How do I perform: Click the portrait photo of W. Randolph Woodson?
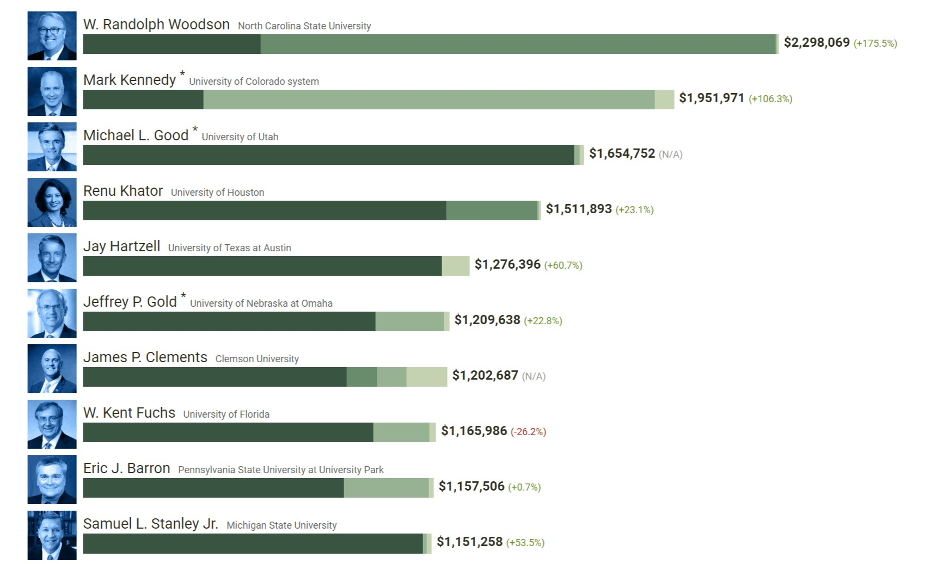point(52,36)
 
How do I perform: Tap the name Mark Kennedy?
point(129,80)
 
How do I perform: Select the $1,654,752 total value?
point(622,153)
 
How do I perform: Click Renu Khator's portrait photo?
point(52,202)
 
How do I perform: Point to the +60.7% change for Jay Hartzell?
point(563,265)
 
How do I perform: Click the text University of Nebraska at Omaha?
point(261,303)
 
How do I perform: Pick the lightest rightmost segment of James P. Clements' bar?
point(426,377)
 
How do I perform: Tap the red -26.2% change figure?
point(528,432)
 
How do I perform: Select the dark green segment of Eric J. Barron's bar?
point(213,488)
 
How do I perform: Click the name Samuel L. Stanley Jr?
point(150,524)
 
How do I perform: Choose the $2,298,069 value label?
point(816,42)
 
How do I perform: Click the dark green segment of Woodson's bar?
point(171,44)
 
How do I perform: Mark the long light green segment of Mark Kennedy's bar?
point(428,100)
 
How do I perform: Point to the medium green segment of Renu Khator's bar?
point(491,210)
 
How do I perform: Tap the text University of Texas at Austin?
point(229,248)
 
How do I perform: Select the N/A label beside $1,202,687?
point(534,376)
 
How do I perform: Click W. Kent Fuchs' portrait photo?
point(52,424)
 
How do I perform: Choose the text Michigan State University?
point(281,525)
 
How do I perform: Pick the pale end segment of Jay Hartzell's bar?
point(455,266)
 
